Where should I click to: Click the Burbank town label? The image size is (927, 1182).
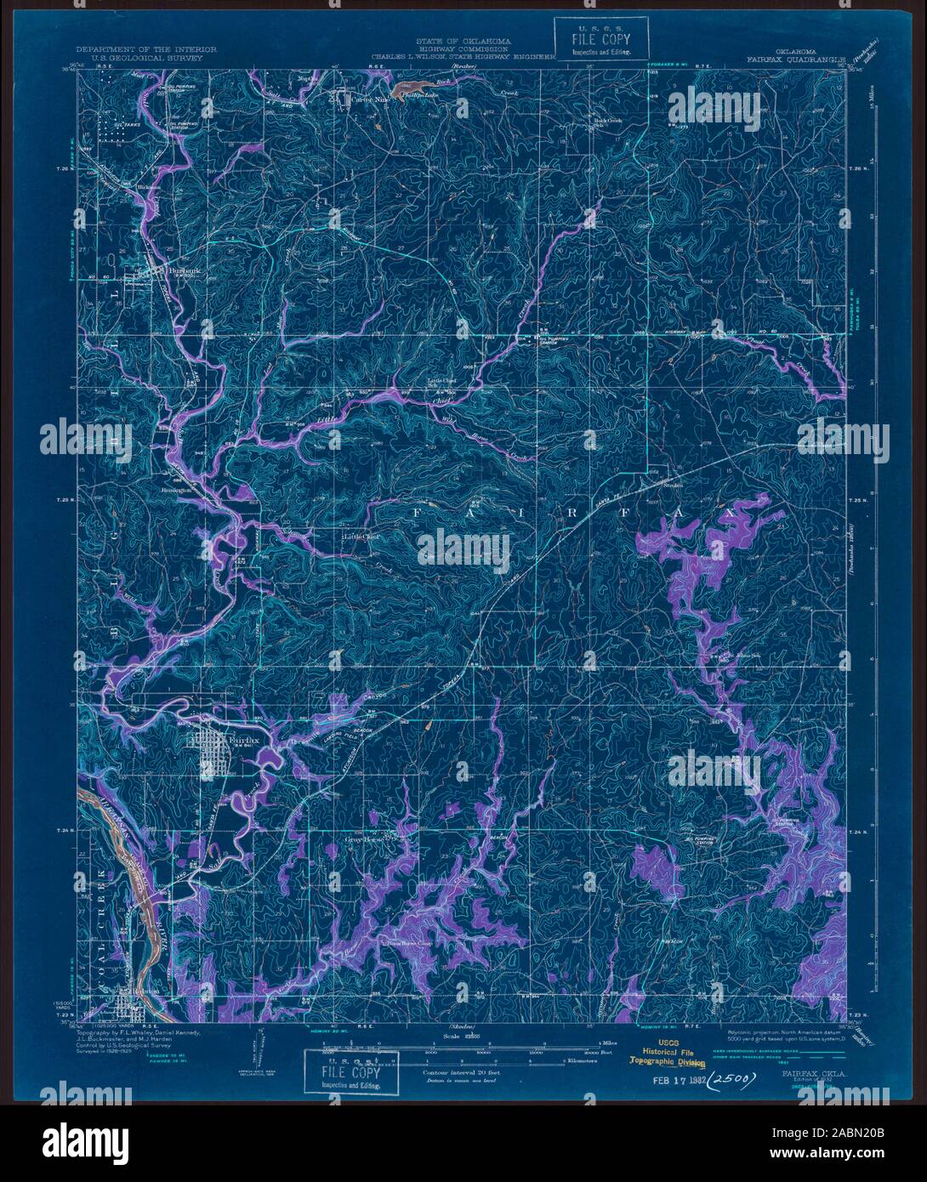(x=184, y=271)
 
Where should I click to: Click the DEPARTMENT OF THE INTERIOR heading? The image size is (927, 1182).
(x=145, y=50)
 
